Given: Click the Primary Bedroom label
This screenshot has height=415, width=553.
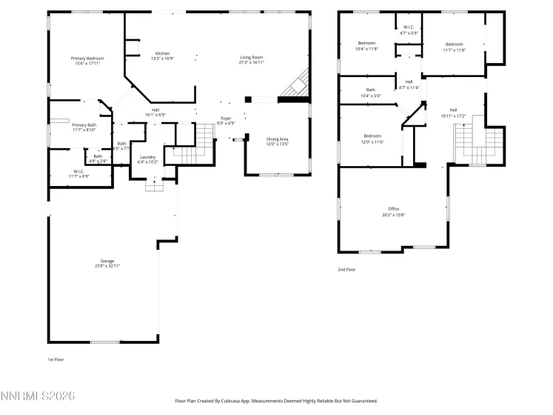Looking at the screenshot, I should click(87, 61).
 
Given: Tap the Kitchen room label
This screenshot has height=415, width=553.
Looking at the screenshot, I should click(162, 56).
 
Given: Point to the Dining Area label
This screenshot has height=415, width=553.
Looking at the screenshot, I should click(278, 141).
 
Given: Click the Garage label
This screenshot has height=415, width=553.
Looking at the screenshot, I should click(108, 263).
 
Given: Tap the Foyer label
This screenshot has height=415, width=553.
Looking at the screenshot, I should click(226, 120).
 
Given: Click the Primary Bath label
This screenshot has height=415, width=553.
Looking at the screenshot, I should click(84, 127).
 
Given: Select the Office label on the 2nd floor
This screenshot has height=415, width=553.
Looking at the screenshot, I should click(393, 212).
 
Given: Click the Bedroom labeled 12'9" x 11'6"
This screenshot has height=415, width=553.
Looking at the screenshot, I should click(372, 138).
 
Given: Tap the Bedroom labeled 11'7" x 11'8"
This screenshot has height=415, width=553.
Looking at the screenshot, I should click(454, 47).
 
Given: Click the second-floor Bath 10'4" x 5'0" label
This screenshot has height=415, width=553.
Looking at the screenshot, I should click(370, 93).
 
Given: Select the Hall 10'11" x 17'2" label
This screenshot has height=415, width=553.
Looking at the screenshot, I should click(453, 113).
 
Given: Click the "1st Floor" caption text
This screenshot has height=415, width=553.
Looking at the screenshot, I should click(56, 359).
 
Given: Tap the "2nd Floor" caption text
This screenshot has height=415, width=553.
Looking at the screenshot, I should click(346, 270).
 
